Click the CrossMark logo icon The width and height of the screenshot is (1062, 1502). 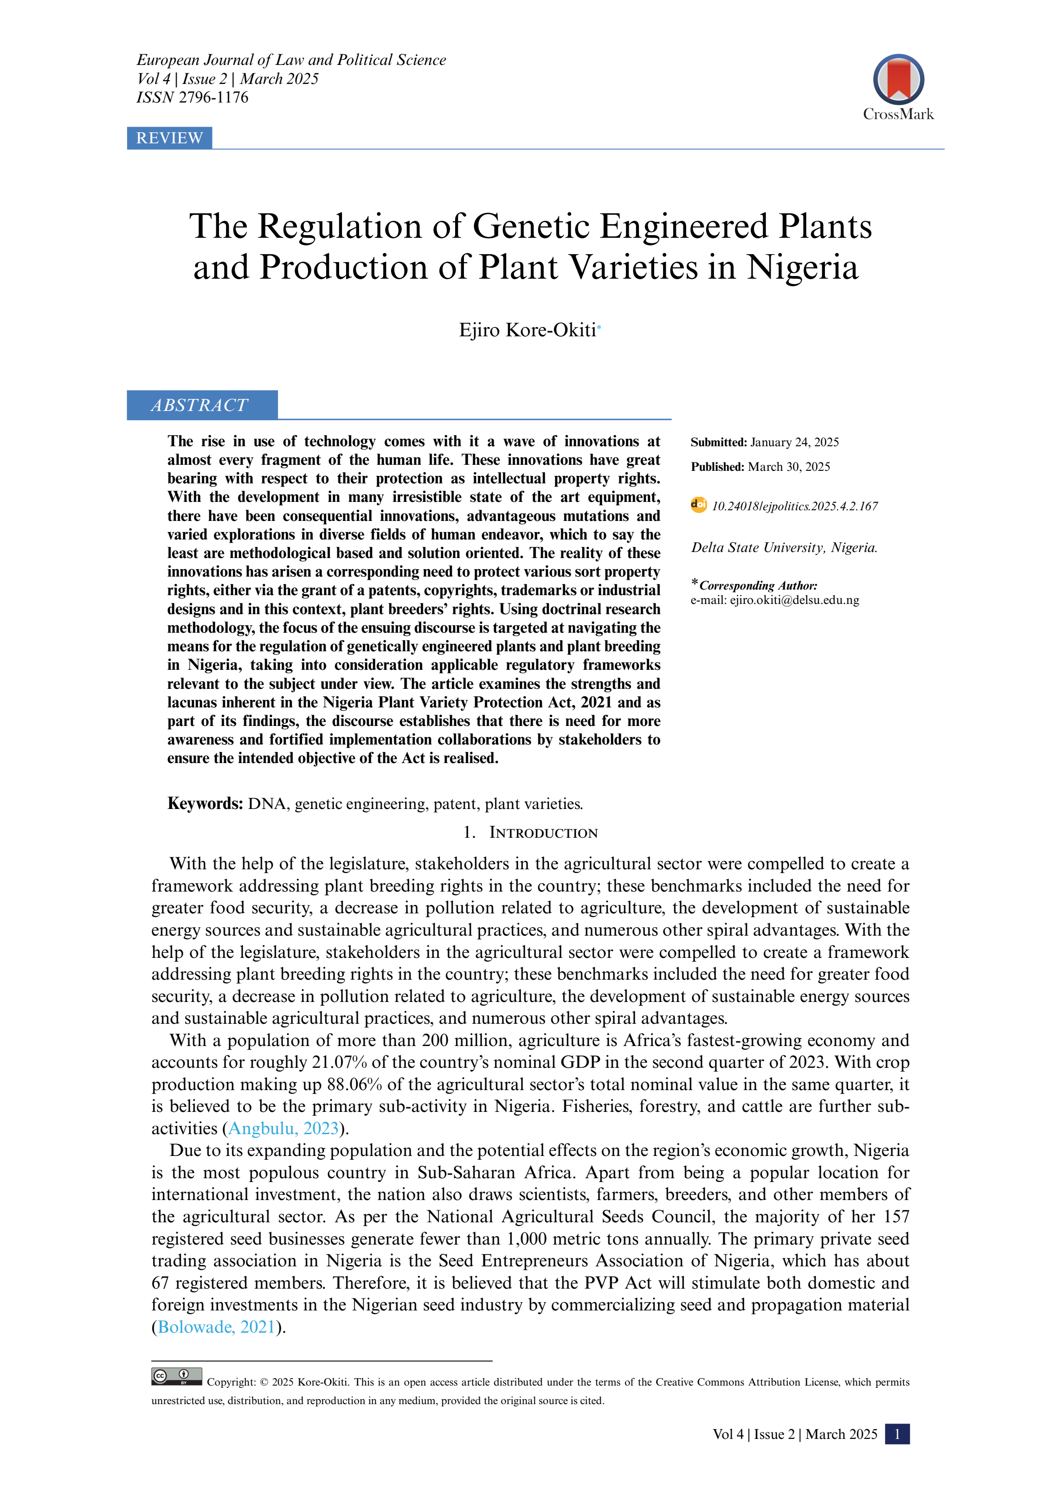pyautogui.click(x=898, y=79)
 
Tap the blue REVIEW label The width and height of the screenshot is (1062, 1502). pyautogui.click(x=169, y=138)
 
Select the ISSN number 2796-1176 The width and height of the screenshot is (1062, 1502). pyautogui.click(x=213, y=97)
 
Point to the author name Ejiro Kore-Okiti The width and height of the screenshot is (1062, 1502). pyautogui.click(x=528, y=330)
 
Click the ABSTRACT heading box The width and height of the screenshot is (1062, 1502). pyautogui.click(x=201, y=405)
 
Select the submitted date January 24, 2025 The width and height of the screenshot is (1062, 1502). pyautogui.click(x=794, y=442)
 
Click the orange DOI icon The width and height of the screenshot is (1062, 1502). pyautogui.click(x=698, y=505)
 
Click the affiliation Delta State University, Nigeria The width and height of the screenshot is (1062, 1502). pyautogui.click(x=784, y=547)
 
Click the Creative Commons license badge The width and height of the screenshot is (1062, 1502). pyautogui.click(x=177, y=1376)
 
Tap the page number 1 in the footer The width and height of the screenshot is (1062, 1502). pyautogui.click(x=896, y=1434)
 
